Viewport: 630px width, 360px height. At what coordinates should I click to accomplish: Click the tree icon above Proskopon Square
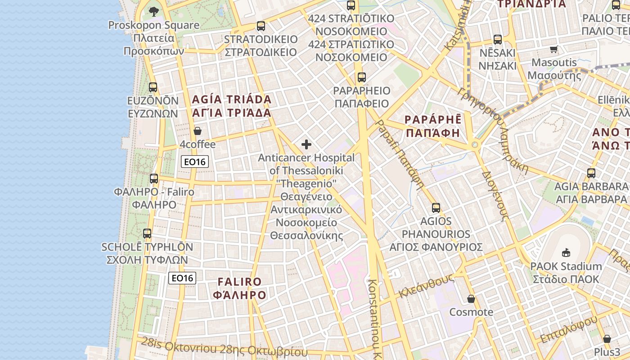tap(154, 11)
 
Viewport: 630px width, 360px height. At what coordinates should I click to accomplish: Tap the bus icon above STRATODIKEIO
tap(261, 26)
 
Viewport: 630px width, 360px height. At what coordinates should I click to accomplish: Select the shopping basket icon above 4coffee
tap(197, 131)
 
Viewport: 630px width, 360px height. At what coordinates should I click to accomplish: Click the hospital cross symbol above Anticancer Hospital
tap(306, 144)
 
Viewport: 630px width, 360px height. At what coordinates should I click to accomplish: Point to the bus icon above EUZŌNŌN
tap(153, 87)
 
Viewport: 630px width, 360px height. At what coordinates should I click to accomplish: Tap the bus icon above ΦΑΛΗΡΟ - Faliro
tap(154, 179)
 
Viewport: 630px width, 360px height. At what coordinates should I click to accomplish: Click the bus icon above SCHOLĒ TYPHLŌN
tap(147, 234)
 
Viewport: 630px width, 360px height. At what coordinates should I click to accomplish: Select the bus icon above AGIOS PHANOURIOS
tap(436, 208)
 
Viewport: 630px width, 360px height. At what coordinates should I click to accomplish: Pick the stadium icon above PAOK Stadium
tap(566, 253)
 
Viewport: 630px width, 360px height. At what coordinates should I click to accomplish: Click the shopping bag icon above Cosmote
tap(471, 299)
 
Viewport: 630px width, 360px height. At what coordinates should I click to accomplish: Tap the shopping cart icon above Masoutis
tap(553, 49)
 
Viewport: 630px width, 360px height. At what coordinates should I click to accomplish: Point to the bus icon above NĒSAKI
tap(497, 40)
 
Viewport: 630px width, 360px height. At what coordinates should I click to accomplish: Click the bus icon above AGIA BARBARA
tap(591, 173)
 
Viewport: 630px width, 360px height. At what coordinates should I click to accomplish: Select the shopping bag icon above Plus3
tap(607, 339)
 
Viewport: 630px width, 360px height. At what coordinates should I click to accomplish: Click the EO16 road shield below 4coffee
tap(195, 162)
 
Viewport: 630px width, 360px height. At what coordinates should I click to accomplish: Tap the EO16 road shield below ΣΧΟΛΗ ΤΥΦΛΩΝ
tap(182, 278)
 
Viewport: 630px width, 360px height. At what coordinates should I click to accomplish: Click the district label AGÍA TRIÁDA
tap(232, 99)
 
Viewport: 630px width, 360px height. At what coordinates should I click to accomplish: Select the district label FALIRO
tap(239, 282)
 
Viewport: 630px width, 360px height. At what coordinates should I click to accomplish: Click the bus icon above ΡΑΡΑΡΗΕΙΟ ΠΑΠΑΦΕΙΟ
tap(362, 77)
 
